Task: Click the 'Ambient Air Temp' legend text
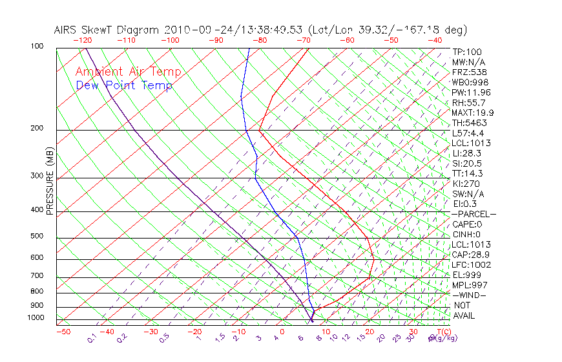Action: point(128,72)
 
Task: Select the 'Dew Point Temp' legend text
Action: point(124,85)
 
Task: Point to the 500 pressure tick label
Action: point(37,236)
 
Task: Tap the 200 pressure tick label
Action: point(37,128)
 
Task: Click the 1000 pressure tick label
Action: point(36,317)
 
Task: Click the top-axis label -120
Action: point(83,40)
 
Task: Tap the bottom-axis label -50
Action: point(63,332)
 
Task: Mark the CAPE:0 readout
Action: point(468,224)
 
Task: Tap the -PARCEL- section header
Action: point(474,213)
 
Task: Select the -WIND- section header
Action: point(470,295)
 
